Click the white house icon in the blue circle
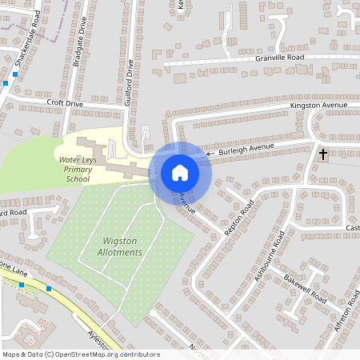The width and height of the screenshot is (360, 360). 180,172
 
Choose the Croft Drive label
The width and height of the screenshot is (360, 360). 65,103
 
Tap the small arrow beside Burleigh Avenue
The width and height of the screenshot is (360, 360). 210,152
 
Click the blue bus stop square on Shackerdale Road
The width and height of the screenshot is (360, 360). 14,73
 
